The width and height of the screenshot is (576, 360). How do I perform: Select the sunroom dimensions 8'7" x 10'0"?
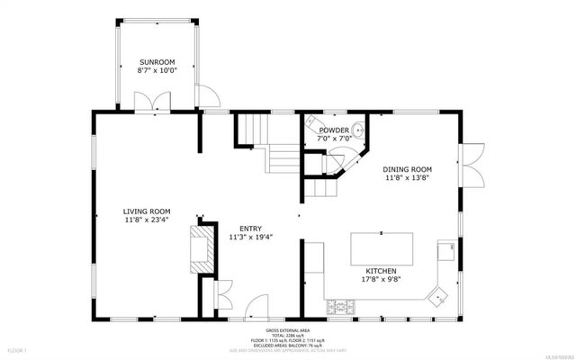pyautogui.click(x=156, y=69)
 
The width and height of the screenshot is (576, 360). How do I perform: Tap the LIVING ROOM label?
pyautogui.click(x=145, y=212)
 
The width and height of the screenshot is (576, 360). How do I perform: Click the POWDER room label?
pyautogui.click(x=334, y=130)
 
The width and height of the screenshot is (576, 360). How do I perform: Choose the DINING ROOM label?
pyautogui.click(x=408, y=169)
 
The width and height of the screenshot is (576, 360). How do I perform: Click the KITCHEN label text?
pyautogui.click(x=382, y=270)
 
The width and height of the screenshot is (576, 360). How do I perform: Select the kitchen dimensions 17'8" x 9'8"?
pyautogui.click(x=382, y=279)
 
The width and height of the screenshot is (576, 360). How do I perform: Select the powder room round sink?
pyautogui.click(x=358, y=130)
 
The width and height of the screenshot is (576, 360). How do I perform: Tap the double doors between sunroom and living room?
pyautogui.click(x=147, y=102)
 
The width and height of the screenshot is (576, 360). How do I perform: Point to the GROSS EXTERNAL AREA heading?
pyautogui.click(x=287, y=329)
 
